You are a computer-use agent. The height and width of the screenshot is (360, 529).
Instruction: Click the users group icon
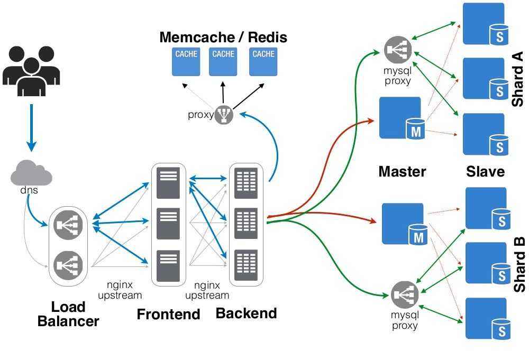pos(31,71)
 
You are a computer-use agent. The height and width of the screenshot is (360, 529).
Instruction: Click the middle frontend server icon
pos(168,223)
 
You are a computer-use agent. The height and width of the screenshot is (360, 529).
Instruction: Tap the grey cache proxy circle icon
pos(224,114)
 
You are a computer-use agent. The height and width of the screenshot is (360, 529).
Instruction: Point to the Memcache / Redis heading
pos(223,37)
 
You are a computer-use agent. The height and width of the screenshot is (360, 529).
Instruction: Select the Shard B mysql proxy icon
pos(405,294)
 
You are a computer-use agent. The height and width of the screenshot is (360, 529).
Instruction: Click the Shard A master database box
pos(400,117)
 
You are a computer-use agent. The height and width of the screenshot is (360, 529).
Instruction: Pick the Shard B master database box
pos(403,224)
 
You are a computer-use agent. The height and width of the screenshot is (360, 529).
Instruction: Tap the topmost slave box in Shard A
pos(484,24)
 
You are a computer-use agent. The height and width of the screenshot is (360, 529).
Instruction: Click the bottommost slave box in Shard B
pos(486,318)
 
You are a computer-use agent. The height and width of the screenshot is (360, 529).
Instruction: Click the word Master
pos(402,171)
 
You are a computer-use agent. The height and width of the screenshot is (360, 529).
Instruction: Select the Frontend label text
pos(168,314)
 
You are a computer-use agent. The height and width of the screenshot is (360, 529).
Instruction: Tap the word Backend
pos(246,313)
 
